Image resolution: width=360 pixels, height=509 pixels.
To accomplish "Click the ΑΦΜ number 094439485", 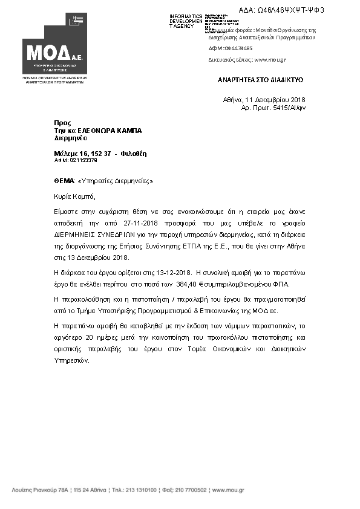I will point(239,48).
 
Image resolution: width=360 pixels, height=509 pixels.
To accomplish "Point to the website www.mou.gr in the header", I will point(270,60).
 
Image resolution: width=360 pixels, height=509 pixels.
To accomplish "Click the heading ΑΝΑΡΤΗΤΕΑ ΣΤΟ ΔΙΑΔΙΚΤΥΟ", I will point(260,80).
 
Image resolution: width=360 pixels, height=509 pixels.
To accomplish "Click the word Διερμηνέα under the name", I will point(67,138).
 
